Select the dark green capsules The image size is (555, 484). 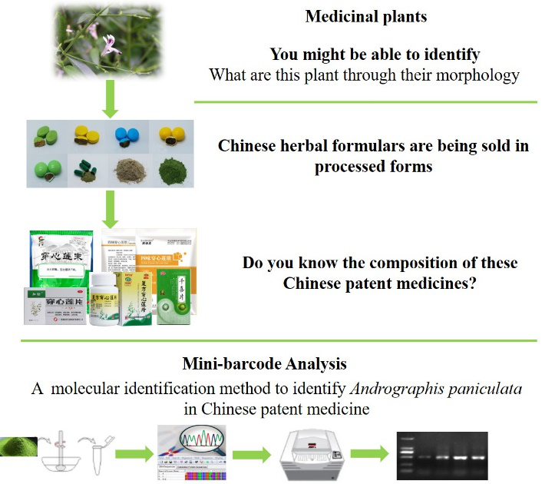86,172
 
